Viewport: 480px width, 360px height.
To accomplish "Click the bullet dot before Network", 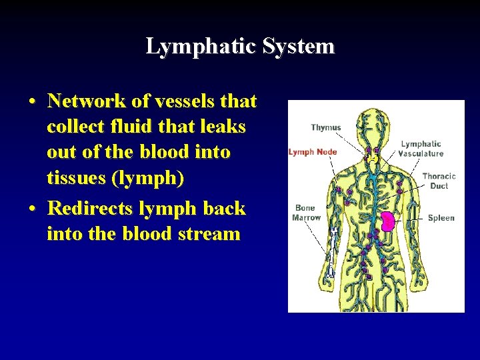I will click(x=33, y=102).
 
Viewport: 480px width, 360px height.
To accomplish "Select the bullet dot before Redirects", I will click(x=33, y=209).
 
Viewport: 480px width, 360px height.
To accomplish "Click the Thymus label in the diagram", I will click(x=325, y=127).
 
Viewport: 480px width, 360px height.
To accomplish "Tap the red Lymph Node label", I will click(x=313, y=152).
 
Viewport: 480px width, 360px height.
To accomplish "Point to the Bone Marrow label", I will click(x=307, y=213).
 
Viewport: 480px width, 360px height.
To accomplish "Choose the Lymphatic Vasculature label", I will click(x=421, y=149).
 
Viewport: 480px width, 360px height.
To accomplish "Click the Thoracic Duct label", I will click(x=439, y=181).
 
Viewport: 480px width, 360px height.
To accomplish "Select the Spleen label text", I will click(x=441, y=218).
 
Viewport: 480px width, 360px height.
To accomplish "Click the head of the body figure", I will click(x=374, y=124).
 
